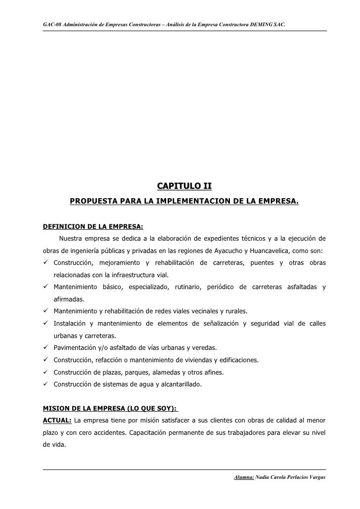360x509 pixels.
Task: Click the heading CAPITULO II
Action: [x=184, y=186]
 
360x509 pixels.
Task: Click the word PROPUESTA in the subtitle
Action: [x=94, y=202]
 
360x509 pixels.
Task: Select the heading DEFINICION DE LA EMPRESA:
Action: [x=93, y=227]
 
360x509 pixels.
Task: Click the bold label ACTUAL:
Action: [x=57, y=420]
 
